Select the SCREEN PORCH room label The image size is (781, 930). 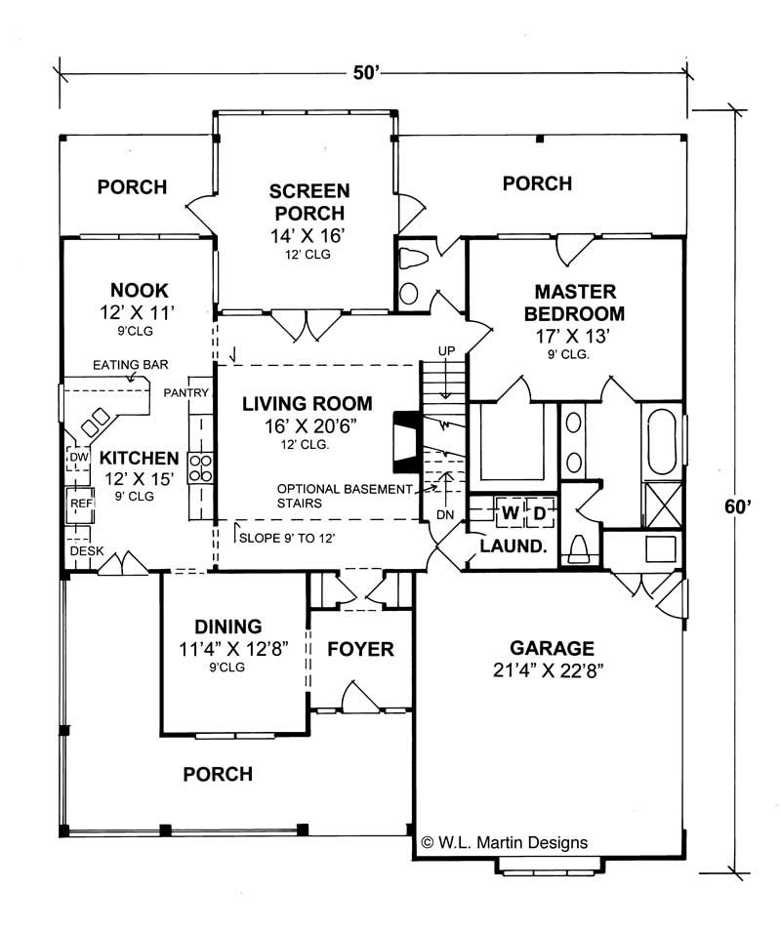[309, 202]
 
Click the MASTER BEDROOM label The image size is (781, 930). [574, 303]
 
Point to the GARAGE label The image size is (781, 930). [552, 648]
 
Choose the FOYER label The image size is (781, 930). [360, 649]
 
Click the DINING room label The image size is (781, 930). [227, 627]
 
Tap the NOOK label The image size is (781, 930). [140, 290]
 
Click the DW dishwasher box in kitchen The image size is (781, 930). [79, 457]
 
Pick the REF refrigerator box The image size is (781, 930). [79, 504]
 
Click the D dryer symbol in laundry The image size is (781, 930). [538, 511]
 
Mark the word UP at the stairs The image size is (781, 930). [446, 349]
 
